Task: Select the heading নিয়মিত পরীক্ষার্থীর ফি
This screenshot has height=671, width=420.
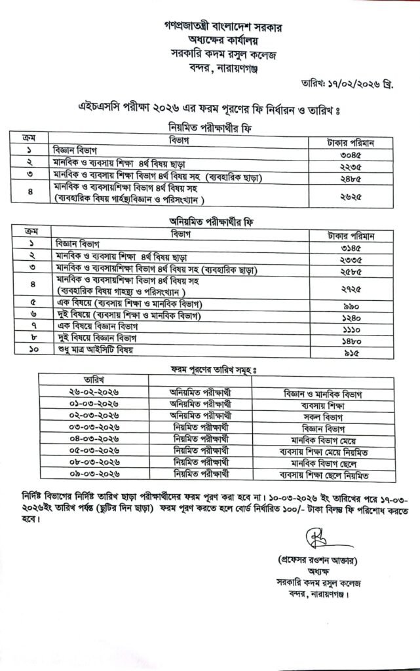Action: pos(209,128)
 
